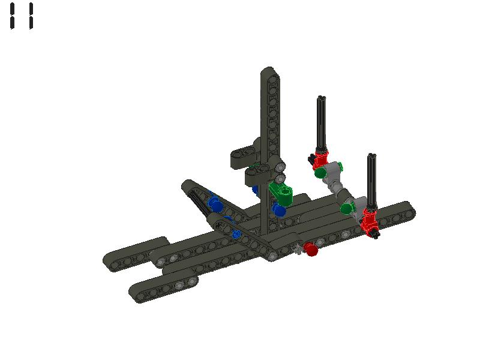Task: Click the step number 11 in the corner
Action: pos(21,16)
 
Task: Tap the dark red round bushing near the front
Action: pos(310,249)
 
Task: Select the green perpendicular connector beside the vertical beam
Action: pos(281,193)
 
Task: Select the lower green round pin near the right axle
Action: pos(347,208)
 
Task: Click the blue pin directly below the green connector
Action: pos(279,210)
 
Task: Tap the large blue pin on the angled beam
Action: pos(215,205)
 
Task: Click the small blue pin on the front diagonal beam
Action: pos(236,234)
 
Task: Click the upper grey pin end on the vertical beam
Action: pos(280,166)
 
